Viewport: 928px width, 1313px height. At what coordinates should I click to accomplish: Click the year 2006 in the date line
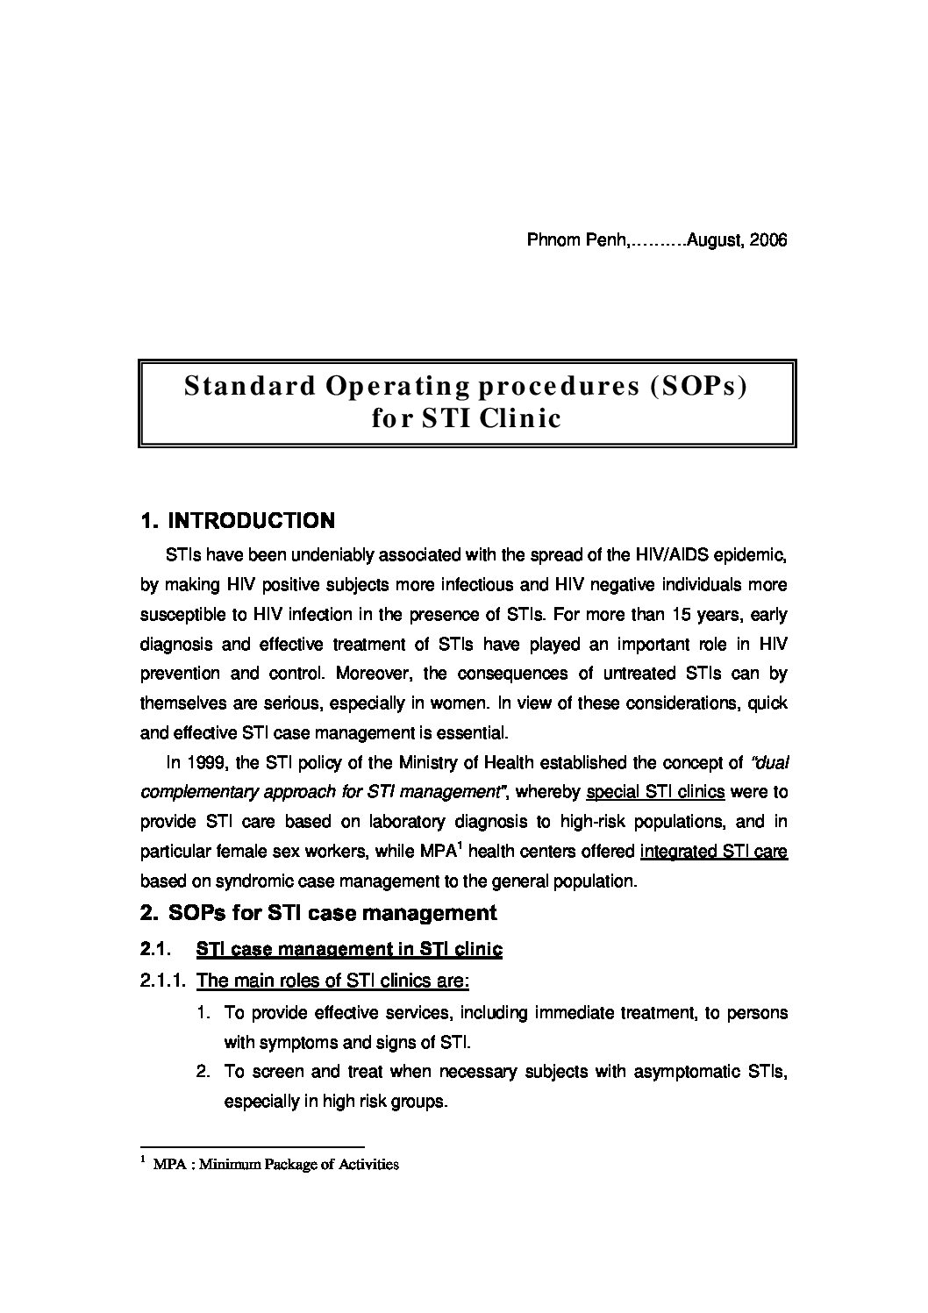point(769,240)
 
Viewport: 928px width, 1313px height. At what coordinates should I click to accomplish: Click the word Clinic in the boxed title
point(518,418)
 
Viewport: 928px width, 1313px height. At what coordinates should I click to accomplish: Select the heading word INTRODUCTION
point(251,521)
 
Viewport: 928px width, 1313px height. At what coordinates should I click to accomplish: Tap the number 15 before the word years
point(689,614)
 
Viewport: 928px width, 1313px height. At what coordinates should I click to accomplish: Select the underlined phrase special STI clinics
point(654,792)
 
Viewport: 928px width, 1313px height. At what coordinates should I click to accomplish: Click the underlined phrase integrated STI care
point(714,851)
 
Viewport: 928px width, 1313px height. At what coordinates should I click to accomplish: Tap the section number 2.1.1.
point(162,981)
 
